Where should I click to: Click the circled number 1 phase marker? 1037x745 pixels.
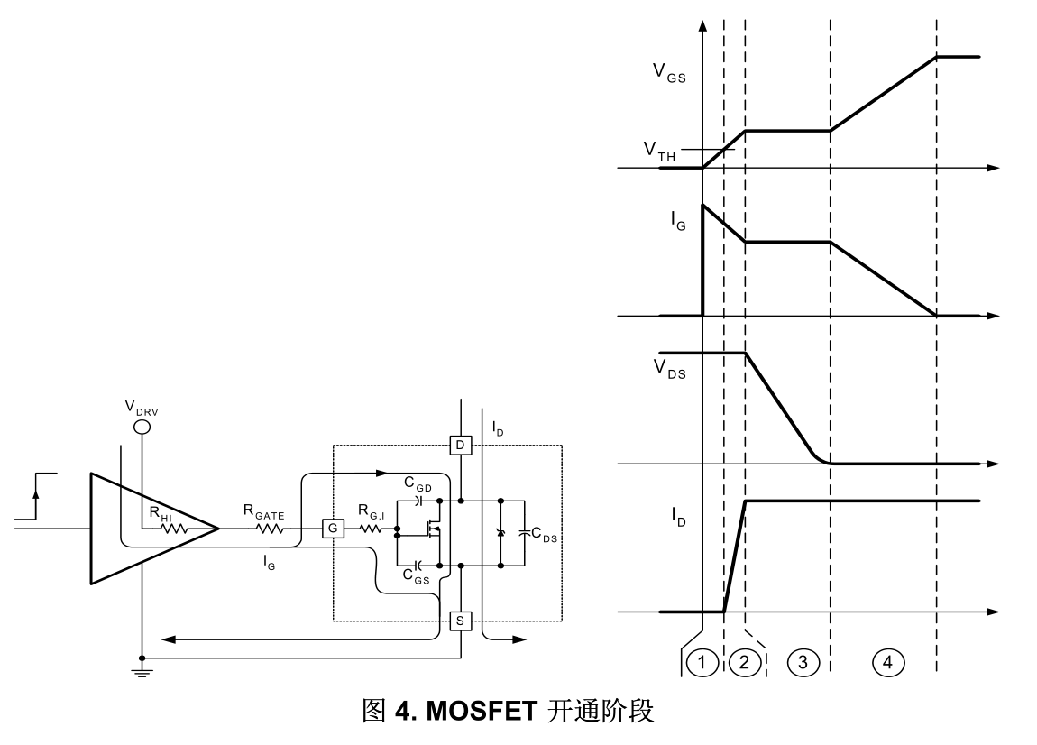(x=702, y=663)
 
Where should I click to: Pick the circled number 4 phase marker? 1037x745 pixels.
(x=887, y=663)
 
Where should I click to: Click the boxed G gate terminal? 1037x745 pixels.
(x=332, y=528)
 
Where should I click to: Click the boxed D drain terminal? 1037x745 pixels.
(x=459, y=446)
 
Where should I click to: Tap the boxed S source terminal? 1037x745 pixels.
(x=459, y=621)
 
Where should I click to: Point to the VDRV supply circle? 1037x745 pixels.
(x=142, y=425)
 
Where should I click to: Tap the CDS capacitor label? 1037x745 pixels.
(x=544, y=535)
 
